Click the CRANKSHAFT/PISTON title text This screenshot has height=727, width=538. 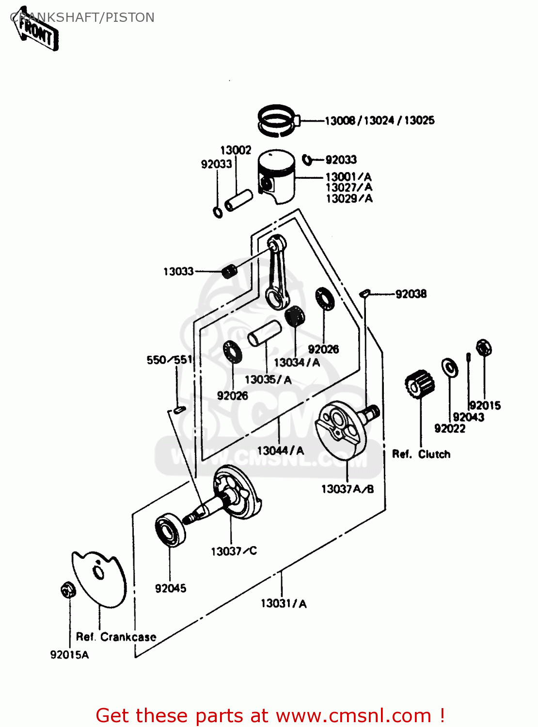82,17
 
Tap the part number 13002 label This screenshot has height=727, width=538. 236,150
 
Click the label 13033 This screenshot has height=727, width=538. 178,271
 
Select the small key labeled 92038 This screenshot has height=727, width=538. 365,293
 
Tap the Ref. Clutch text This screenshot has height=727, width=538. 421,454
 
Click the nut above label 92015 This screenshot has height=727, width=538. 483,348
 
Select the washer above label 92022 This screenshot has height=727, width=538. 449,367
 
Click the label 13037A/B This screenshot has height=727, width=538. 348,489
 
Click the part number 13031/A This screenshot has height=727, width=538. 284,603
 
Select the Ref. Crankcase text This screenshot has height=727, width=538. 116,637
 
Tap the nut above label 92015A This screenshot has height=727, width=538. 67,590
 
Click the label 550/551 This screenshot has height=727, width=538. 170,360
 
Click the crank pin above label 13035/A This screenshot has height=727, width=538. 265,333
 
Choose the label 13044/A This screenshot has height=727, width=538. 280,451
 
